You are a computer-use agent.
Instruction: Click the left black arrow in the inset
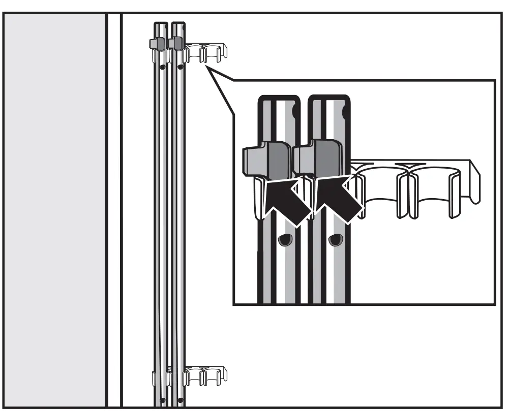tap(286, 201)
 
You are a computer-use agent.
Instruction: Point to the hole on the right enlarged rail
tap(334, 239)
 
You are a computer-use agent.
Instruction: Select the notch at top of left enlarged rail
tap(295, 111)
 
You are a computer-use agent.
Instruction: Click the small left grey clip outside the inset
tap(156, 44)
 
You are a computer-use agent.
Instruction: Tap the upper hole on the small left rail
tap(162, 67)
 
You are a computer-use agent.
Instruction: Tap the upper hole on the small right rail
tap(181, 66)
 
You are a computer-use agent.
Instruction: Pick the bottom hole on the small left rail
tap(162, 400)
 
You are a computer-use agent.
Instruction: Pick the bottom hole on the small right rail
tap(181, 400)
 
